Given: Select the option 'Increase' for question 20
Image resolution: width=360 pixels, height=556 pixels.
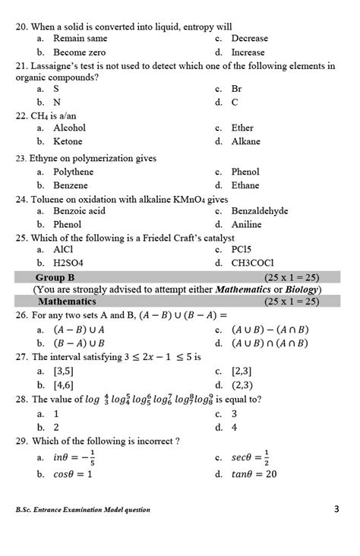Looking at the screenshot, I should pyautogui.click(x=248, y=52).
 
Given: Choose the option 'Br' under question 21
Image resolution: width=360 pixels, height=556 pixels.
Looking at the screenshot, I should pyautogui.click(x=238, y=88).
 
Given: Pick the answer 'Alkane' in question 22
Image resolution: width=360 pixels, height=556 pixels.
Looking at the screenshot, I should pyautogui.click(x=246, y=141).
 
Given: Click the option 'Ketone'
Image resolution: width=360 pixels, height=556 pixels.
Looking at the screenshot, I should pyautogui.click(x=69, y=141).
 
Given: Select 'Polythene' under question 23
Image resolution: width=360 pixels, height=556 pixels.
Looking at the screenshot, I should pyautogui.click(x=74, y=172).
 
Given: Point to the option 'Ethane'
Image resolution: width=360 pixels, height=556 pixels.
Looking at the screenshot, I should pyautogui.click(x=246, y=185).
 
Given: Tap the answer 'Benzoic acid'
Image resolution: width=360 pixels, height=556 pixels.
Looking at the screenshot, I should pyautogui.click(x=80, y=211).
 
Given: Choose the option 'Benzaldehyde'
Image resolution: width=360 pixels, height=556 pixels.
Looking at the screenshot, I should pyautogui.click(x=260, y=211).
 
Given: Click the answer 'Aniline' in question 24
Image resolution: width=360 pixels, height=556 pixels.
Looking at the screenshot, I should pyautogui.click(x=247, y=224).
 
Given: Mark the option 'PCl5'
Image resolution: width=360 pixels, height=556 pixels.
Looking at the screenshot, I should pyautogui.click(x=242, y=249).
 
